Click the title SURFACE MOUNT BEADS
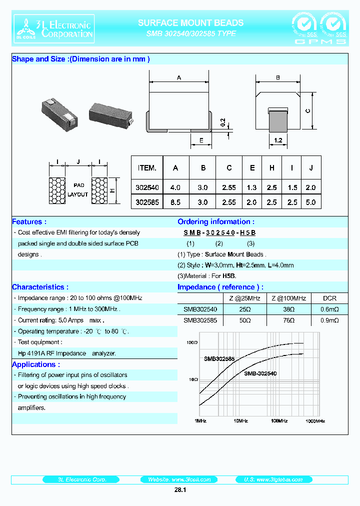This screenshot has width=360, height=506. coord(190,23)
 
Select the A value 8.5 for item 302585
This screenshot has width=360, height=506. coord(175,202)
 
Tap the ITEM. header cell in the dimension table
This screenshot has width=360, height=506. coord(147,168)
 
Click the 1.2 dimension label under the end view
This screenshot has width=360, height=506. coord(278,141)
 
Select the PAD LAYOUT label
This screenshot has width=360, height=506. coord(78,189)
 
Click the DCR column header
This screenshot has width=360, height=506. coord(329,298)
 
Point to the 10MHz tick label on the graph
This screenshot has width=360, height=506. coord(240,421)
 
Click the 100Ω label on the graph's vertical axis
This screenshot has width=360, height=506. coord(192,343)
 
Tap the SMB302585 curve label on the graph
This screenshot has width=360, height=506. coord(219,358)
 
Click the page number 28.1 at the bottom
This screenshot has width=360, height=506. coord(180,490)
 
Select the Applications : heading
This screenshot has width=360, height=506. coord(35,364)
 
